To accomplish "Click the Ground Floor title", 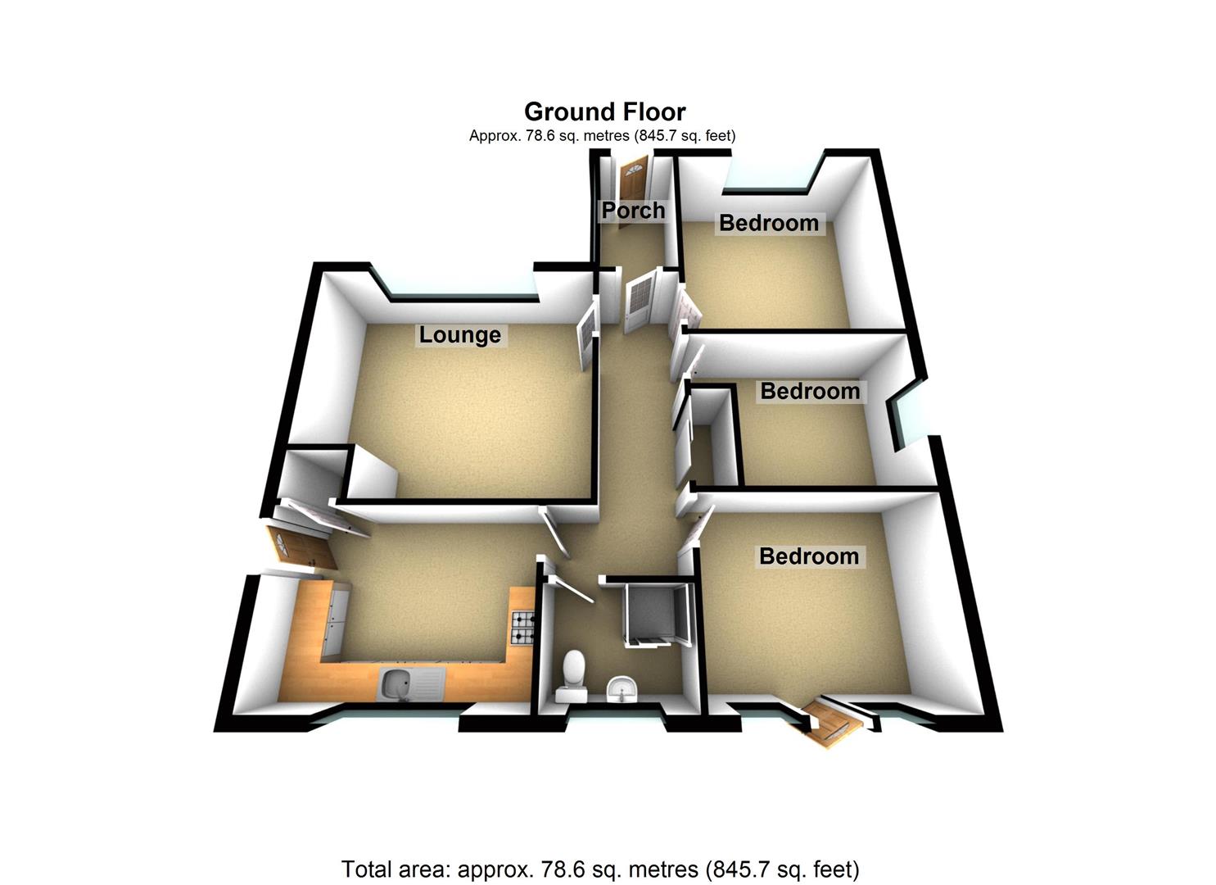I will pos(604,111).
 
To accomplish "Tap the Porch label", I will pos(633,211).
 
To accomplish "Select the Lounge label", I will pos(459,334).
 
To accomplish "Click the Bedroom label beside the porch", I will pos(768,223).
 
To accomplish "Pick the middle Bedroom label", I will pos(810,391).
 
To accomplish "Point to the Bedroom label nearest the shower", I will pos(808,556).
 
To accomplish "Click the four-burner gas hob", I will pos(522,629).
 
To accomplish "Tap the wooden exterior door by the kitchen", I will pos(299,547).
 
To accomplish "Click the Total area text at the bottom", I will pos(599,869).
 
